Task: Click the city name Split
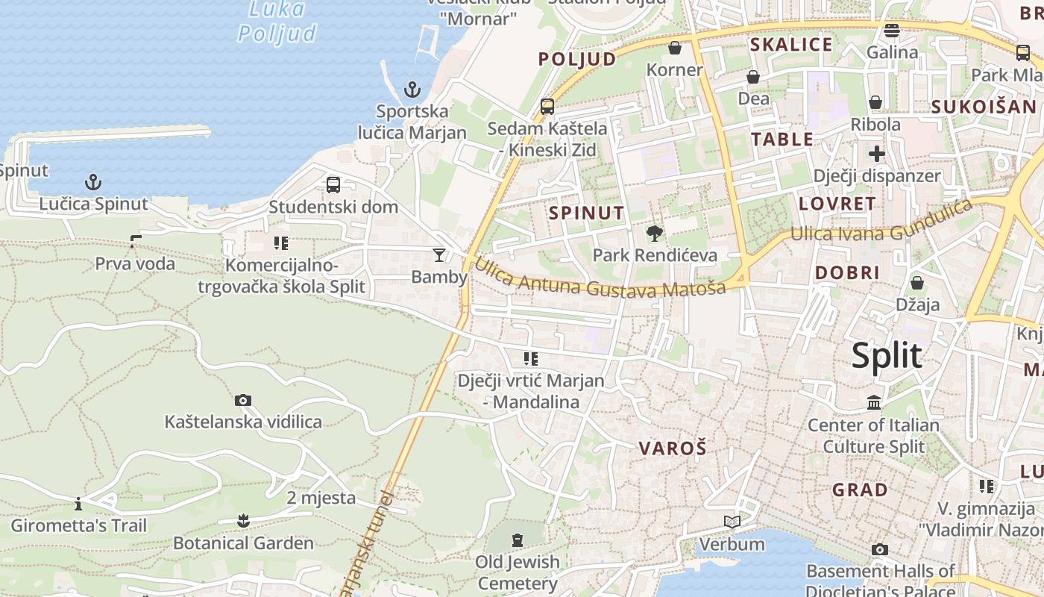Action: point(887,356)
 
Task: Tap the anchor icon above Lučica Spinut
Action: point(93,182)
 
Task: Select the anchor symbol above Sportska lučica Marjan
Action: point(412,90)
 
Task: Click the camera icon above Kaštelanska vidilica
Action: point(243,401)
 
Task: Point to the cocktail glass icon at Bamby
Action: point(439,255)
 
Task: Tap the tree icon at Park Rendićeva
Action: point(655,234)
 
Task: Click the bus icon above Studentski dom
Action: point(333,185)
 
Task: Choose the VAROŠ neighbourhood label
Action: point(673,448)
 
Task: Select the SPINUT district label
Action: point(587,213)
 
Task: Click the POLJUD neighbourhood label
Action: point(577,59)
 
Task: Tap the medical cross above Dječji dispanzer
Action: point(877,154)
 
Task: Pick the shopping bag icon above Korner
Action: point(675,49)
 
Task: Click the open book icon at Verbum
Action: point(733,522)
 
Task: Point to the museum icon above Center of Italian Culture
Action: point(874,404)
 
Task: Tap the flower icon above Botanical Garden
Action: point(243,520)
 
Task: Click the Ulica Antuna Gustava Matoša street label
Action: point(600,281)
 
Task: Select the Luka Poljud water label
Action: point(277,21)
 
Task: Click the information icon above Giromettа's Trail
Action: point(78,504)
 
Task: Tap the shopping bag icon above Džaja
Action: point(917,284)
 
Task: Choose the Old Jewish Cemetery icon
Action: point(518,540)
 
